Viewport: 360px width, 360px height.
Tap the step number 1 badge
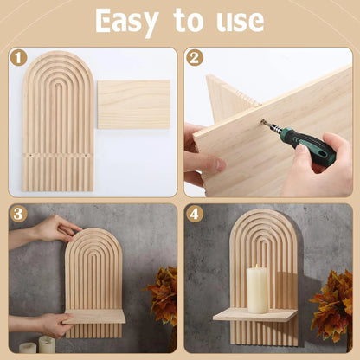pos(17,59)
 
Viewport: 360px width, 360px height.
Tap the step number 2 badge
pos(194,59)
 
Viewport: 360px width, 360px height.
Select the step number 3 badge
pos(17,213)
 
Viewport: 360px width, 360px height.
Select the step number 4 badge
pos(194,213)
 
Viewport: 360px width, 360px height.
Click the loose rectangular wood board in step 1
pos(133,104)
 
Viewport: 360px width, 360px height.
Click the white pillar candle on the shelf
pos(258,289)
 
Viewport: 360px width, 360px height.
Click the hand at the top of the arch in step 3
pos(55,228)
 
